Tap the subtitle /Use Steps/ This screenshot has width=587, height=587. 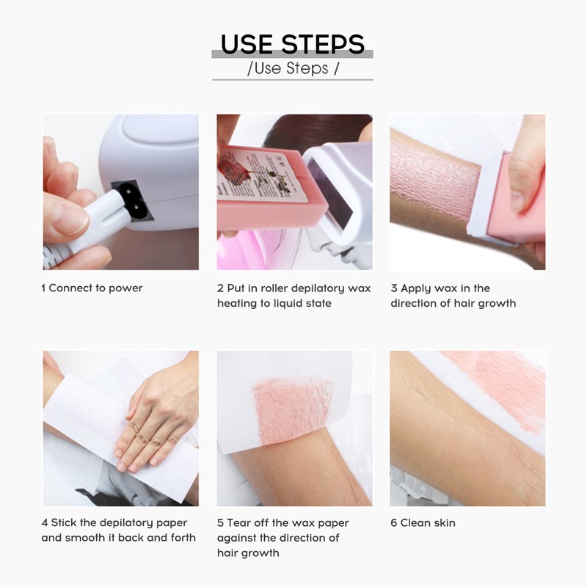(293, 69)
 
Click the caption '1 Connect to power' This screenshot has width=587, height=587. (92, 288)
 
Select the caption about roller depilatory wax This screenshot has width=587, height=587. (293, 296)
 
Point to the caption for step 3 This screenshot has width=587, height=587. (453, 296)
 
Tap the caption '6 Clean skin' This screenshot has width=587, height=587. (423, 523)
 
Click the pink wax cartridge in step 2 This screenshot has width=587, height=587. (257, 191)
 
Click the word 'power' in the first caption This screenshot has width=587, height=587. (126, 288)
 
